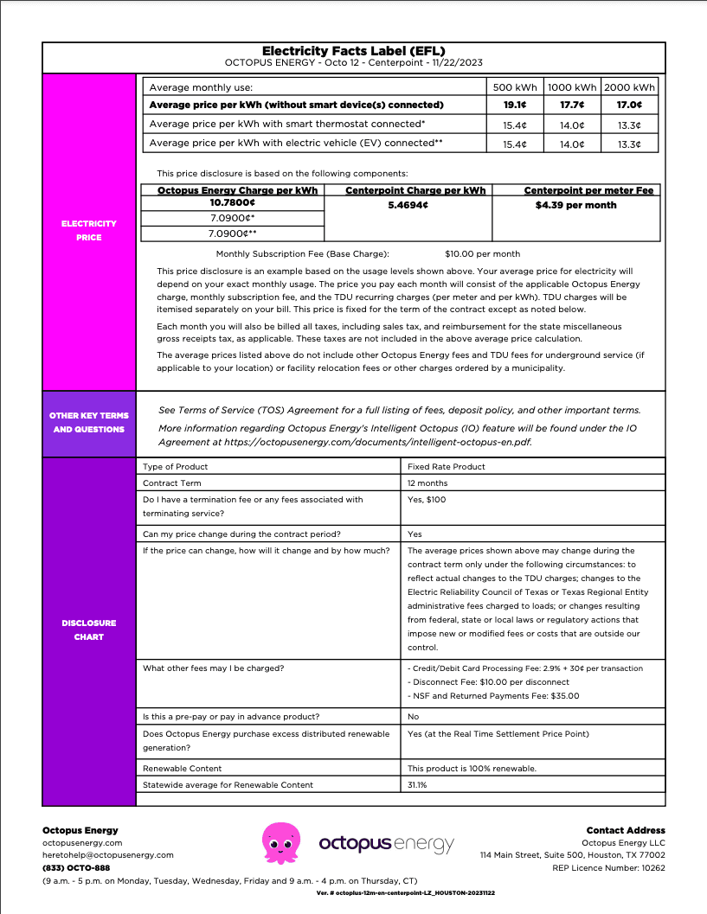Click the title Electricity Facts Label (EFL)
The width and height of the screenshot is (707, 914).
(353, 51)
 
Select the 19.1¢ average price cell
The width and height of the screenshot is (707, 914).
(515, 105)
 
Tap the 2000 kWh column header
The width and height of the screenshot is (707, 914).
(629, 86)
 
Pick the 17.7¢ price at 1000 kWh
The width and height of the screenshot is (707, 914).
(572, 105)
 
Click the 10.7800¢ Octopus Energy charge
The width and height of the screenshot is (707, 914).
(232, 201)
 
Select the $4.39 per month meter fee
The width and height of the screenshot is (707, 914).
(576, 205)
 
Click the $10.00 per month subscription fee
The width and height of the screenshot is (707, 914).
(482, 253)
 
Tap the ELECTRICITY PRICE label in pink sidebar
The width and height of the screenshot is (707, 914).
(88, 230)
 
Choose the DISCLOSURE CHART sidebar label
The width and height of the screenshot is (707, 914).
(88, 630)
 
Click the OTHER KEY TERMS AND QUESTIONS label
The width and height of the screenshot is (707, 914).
(89, 422)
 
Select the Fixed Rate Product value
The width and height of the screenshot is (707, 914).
(447, 467)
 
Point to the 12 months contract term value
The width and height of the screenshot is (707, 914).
(427, 483)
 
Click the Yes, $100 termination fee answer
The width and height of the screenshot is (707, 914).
(427, 499)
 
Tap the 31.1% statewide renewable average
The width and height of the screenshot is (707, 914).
(417, 784)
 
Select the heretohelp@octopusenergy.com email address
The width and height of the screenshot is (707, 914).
(108, 854)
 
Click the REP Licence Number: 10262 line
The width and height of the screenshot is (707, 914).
(608, 867)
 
